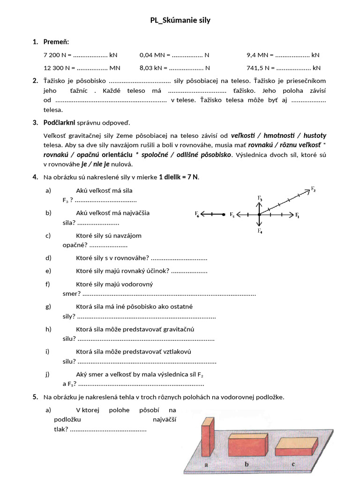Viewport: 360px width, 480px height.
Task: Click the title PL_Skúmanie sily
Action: tap(180, 21)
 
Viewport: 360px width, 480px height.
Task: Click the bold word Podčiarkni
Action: tap(59, 123)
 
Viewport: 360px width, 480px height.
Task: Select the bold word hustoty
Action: tap(315, 135)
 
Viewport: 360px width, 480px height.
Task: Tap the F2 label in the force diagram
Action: tap(313, 189)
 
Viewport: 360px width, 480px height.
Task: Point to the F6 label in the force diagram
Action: tap(197, 214)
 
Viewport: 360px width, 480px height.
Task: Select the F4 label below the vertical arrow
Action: tap(260, 231)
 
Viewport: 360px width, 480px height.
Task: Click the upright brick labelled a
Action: tap(208, 438)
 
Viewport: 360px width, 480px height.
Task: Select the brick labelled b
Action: tap(247, 445)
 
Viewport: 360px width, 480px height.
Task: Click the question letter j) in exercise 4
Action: tap(48, 374)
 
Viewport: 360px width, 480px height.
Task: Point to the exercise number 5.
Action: tap(35, 397)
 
